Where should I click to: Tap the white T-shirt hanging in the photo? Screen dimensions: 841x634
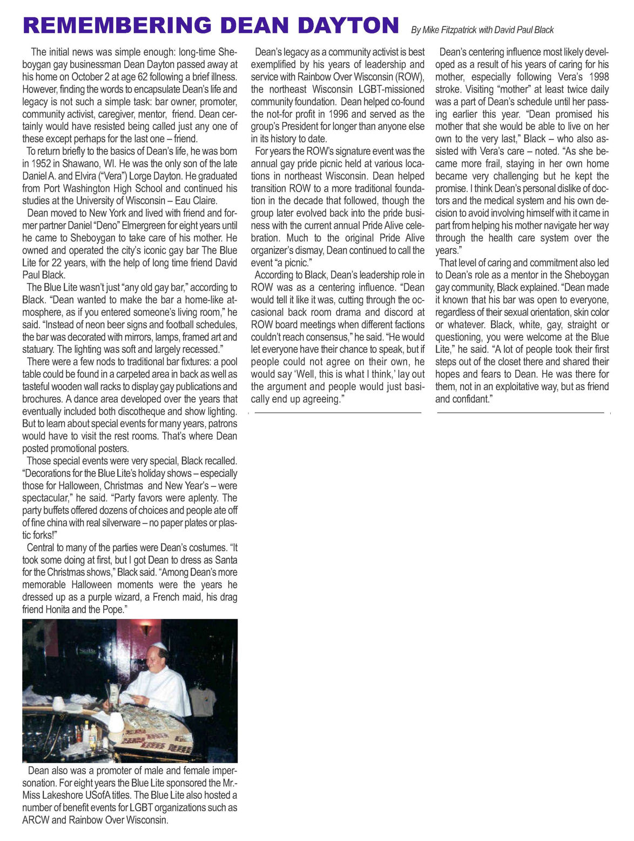(203, 698)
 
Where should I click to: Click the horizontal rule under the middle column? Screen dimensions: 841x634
(338, 413)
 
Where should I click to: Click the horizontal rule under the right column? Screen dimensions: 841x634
(520, 413)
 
